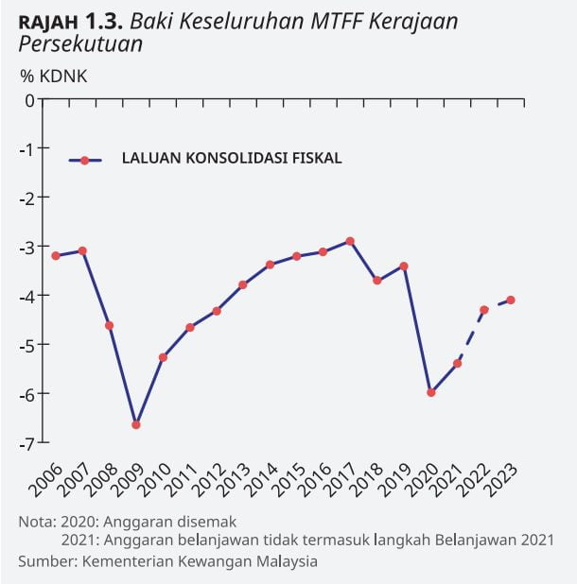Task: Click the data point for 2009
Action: (136, 424)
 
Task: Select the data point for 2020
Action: (430, 392)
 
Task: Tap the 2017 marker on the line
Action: (350, 241)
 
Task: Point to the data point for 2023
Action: (511, 300)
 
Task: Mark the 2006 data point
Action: (56, 255)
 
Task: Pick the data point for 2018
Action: (376, 280)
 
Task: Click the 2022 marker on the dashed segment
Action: (484, 309)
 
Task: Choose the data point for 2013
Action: (243, 284)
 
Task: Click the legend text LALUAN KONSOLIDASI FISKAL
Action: (232, 159)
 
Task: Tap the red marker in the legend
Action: (84, 161)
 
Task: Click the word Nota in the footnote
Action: (36, 521)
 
